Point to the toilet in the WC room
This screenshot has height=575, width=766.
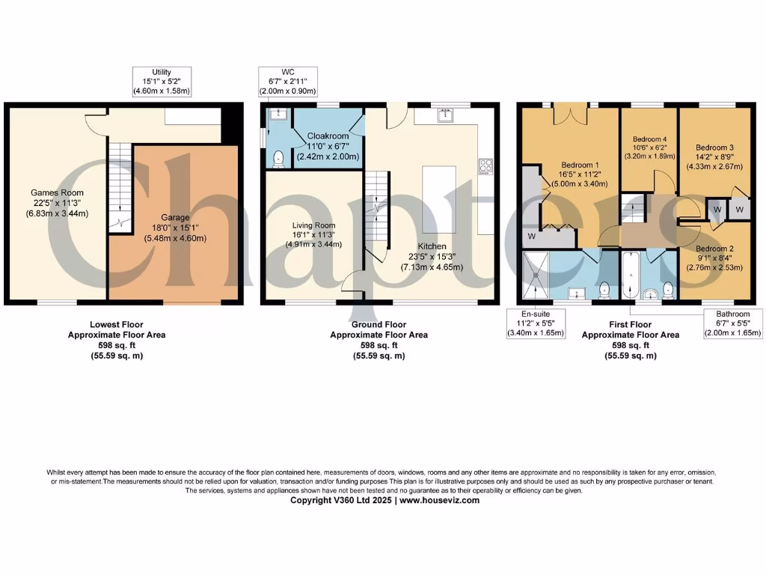pos(278,157)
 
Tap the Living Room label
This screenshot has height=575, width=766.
pos(314,234)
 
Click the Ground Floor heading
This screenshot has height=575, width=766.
pos(379,325)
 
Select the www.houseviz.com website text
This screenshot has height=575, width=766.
pos(441,500)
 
